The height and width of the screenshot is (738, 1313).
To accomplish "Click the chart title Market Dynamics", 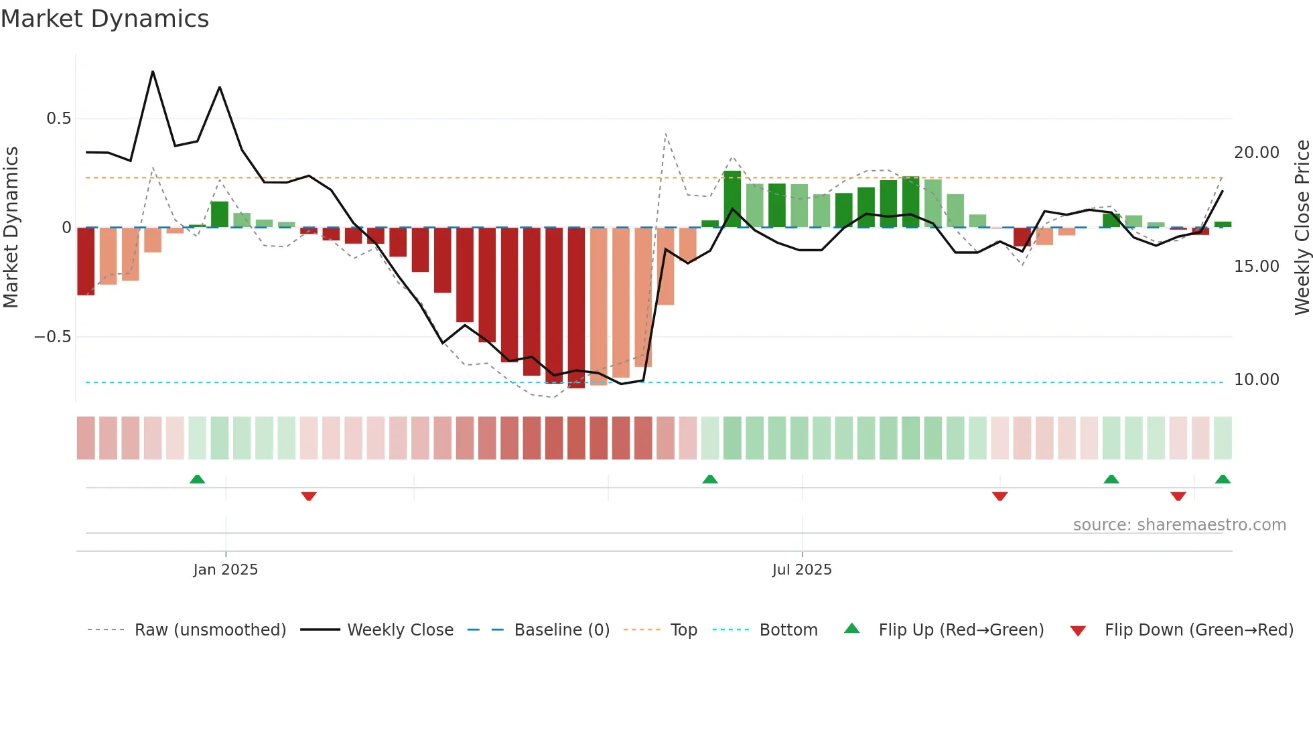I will coord(105,19).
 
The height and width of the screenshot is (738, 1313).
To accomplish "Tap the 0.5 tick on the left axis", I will coord(58,119).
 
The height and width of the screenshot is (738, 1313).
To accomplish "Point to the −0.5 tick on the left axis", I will coord(53,336).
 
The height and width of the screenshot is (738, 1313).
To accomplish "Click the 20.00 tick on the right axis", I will coord(1256,153).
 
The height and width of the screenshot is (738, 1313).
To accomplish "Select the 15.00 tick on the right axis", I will coord(1256,267).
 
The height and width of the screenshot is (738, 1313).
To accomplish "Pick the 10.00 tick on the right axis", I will coord(1256,380).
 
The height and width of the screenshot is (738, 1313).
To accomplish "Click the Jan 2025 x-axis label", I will coord(225,569).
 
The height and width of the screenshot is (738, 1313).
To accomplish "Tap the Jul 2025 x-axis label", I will coord(801,569).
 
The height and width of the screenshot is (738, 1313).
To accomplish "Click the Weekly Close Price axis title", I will coord(1302,228).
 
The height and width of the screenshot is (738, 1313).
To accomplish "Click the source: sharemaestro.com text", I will coord(1179,525).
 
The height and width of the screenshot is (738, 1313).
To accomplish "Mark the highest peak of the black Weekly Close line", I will coord(153,72).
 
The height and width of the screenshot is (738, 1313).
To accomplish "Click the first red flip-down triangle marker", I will coord(309,496).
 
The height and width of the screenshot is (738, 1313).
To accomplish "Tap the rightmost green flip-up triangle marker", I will coord(1223,479).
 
